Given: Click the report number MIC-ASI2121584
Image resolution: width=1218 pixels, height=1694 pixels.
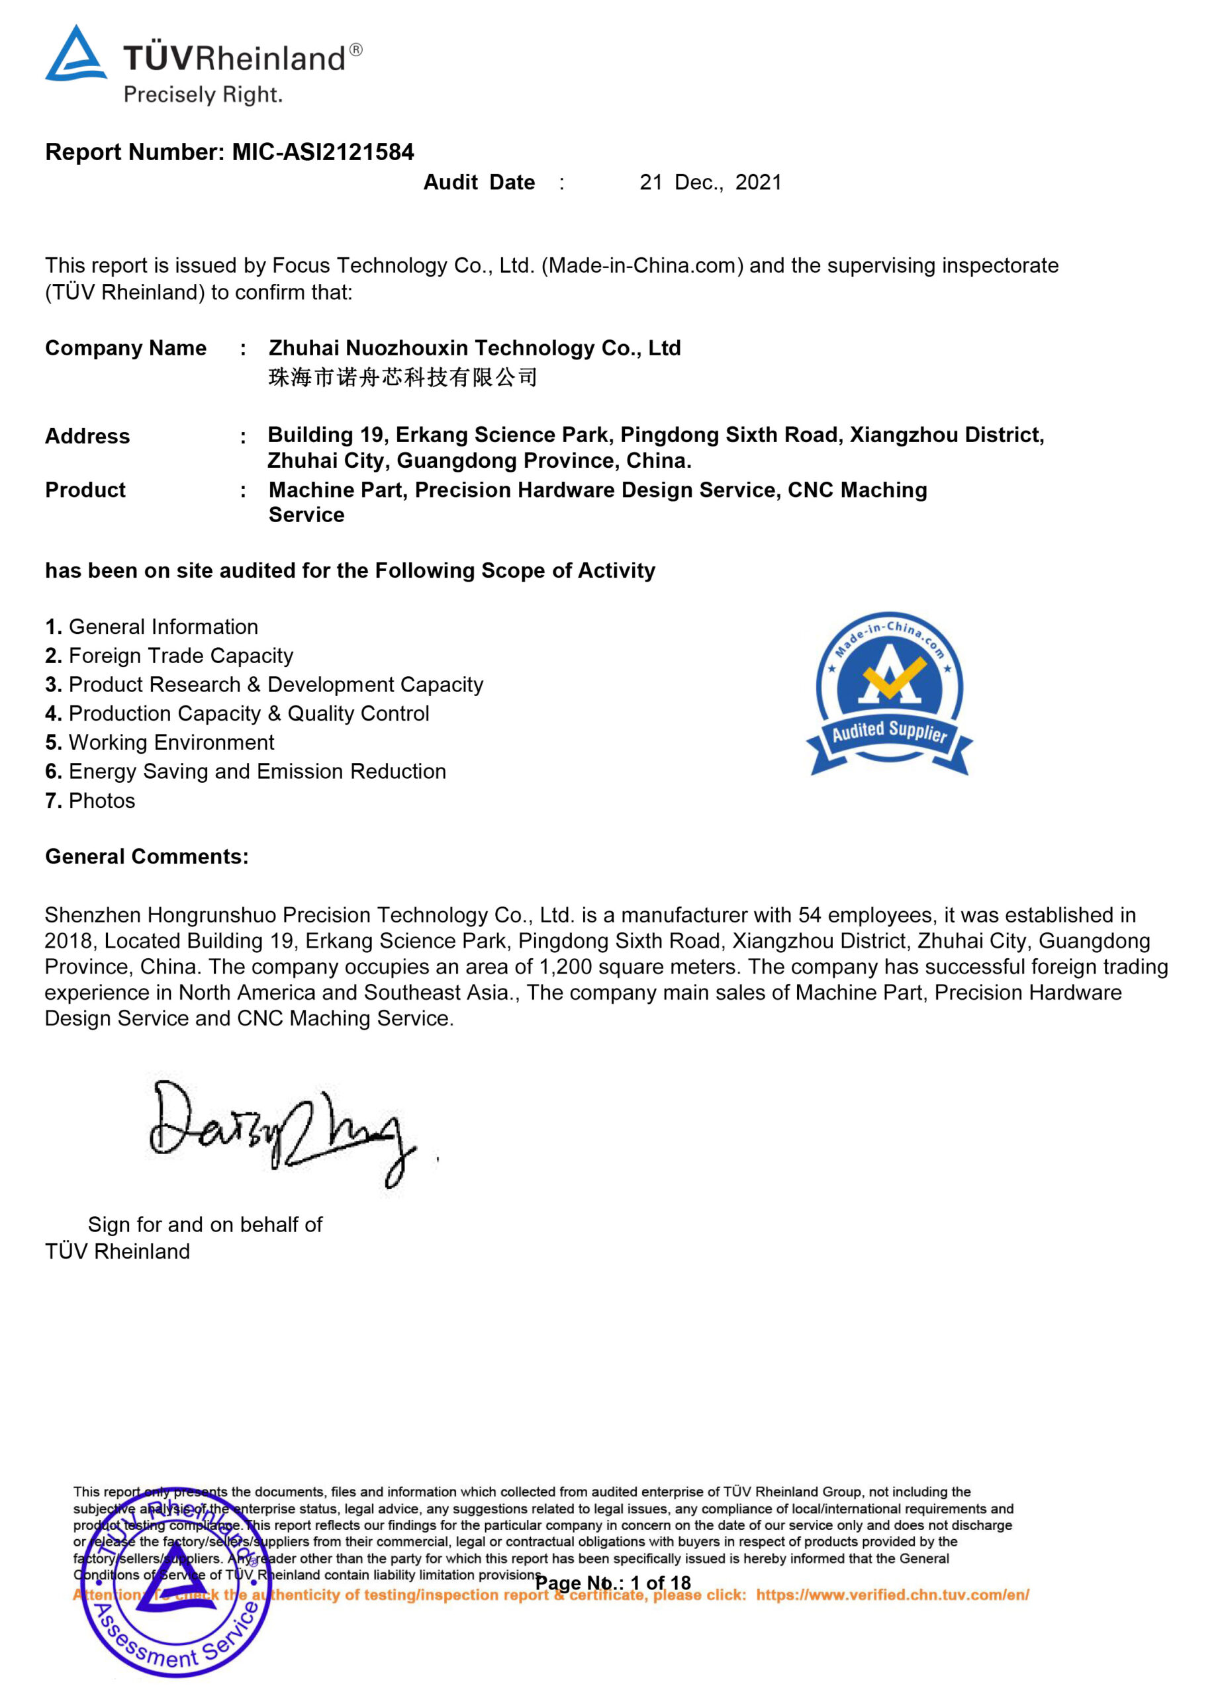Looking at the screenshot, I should (323, 152).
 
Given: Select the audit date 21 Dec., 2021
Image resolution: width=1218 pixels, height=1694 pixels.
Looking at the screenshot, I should (710, 182).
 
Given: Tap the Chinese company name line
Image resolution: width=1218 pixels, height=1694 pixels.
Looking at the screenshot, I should (402, 377).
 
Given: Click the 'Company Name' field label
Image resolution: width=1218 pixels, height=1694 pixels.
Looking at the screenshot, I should (126, 348).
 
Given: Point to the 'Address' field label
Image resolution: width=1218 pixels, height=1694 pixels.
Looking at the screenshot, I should (87, 436).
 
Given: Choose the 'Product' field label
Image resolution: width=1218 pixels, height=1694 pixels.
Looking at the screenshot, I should (85, 490).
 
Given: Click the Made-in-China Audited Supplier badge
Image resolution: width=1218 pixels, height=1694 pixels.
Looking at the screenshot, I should (889, 692).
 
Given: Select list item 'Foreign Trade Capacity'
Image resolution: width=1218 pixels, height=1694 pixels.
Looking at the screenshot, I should (180, 656).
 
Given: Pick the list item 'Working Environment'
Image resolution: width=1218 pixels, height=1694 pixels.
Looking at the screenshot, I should (171, 742).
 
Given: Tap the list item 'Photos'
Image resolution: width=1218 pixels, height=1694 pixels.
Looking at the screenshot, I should (102, 801).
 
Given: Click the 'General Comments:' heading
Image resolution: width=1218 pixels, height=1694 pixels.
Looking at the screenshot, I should (146, 857).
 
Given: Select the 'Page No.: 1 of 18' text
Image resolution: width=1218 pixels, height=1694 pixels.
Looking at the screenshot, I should (613, 1583).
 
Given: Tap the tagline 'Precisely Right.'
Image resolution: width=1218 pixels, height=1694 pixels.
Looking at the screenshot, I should (203, 95).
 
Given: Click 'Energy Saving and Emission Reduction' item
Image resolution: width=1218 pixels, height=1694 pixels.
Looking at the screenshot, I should (257, 772).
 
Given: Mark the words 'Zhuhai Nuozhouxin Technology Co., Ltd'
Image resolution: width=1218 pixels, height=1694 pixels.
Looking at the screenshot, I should (475, 348).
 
